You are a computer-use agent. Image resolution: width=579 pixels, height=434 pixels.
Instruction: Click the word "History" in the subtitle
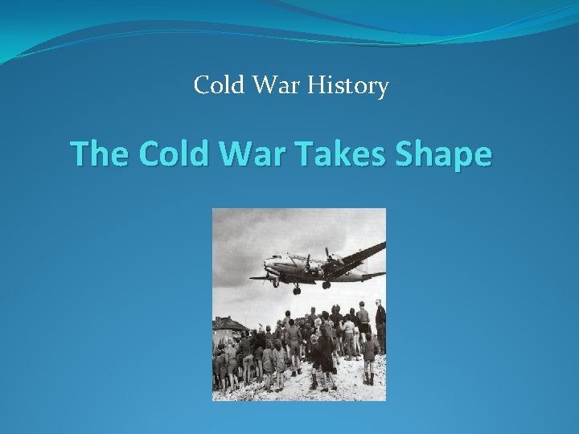point(354,85)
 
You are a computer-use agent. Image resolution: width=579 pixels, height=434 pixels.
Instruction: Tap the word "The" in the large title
point(100,154)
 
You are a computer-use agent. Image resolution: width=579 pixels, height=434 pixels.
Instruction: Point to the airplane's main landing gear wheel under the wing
point(326,285)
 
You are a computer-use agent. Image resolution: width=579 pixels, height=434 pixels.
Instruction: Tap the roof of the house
point(228,322)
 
